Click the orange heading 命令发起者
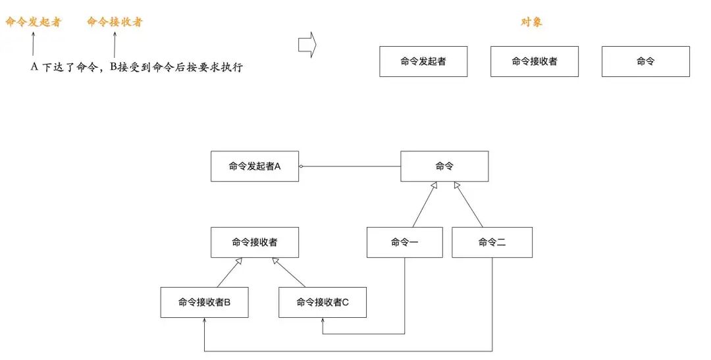33,22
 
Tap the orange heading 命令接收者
115,22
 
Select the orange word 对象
531,22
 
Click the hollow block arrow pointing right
307,45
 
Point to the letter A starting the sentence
34,67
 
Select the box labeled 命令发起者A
255,167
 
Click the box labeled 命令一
405,242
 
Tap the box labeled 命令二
492,242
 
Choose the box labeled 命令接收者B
204,303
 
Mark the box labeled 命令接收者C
323,303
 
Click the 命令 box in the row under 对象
646,61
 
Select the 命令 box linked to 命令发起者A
445,166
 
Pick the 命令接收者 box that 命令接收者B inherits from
255,242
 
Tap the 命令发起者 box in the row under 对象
423,61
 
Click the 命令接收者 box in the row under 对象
535,61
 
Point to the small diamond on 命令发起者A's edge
301,167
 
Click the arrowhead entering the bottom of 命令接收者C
323,321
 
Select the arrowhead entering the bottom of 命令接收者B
205,321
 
